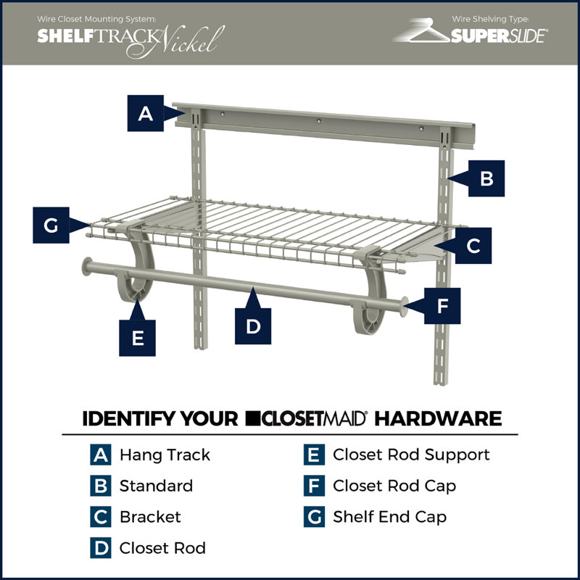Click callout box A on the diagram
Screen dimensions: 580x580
(x=146, y=113)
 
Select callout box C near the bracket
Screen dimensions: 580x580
(x=473, y=246)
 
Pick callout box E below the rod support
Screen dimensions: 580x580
(x=138, y=338)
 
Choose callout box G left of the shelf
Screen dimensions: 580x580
(x=51, y=225)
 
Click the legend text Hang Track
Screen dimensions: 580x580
(x=165, y=455)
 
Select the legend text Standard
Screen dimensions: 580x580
(x=156, y=486)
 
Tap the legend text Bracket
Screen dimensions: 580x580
(x=150, y=517)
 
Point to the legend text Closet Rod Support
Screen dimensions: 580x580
(x=411, y=455)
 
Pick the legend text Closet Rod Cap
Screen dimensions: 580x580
(x=394, y=486)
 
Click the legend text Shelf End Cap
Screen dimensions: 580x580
(x=389, y=517)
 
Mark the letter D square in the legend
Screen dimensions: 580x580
(x=100, y=548)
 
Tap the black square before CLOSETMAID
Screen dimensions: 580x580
(x=253, y=419)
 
